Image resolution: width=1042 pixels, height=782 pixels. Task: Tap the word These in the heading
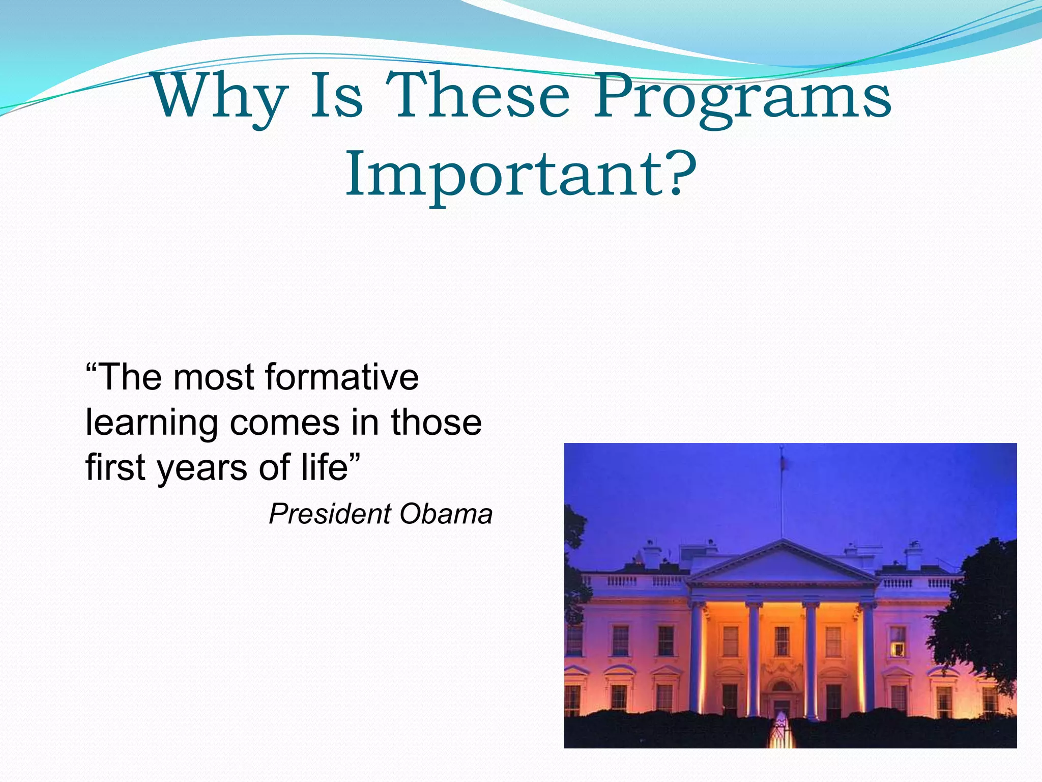click(477, 96)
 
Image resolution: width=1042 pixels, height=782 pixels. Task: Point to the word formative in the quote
click(341, 377)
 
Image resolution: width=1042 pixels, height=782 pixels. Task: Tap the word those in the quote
click(436, 422)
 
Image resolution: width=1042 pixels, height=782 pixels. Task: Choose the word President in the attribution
click(330, 514)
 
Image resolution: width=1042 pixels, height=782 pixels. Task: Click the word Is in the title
click(336, 96)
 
